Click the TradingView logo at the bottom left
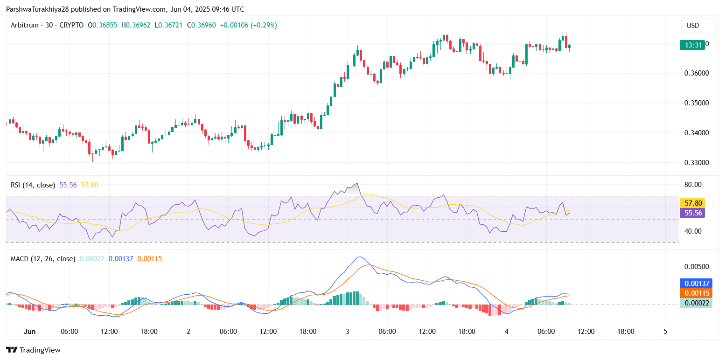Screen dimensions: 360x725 click(33, 350)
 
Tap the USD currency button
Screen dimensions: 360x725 click(693, 26)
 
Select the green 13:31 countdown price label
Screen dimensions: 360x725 click(692, 45)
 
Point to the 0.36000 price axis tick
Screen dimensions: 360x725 click(697, 73)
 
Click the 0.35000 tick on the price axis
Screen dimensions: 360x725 click(697, 103)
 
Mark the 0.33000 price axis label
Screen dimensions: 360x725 click(697, 163)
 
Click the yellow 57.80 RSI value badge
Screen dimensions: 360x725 click(692, 203)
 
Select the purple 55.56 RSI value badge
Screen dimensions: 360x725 click(692, 213)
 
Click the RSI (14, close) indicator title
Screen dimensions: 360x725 click(33, 185)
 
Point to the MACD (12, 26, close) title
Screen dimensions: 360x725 click(42, 258)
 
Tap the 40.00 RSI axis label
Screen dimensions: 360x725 click(693, 231)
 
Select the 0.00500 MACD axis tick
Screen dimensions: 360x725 click(697, 267)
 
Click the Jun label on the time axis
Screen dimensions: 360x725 click(29, 332)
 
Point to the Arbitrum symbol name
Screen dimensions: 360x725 click(24, 25)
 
